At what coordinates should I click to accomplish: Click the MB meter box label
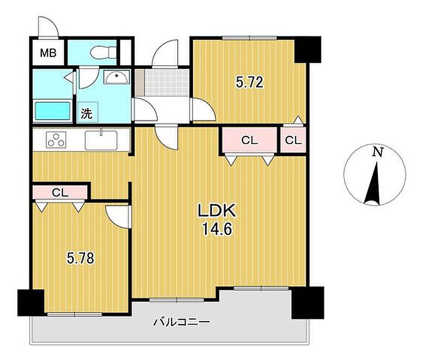point(48,53)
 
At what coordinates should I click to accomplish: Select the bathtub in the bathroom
point(52,111)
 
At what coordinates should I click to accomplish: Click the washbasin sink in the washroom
point(116,77)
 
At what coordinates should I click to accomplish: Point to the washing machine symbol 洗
point(87,113)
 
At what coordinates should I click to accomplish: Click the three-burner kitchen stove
point(56,139)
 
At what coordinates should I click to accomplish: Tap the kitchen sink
point(101,140)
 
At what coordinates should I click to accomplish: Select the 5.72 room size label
point(250,82)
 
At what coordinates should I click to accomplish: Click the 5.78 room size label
point(81,258)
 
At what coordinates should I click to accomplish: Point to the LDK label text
point(217,211)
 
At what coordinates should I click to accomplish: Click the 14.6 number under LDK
point(217,229)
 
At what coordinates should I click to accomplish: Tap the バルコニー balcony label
point(181,322)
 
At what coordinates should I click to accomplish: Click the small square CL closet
point(293,140)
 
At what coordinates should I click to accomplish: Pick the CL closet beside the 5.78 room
point(60,193)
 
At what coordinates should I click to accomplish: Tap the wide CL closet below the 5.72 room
point(250,140)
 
